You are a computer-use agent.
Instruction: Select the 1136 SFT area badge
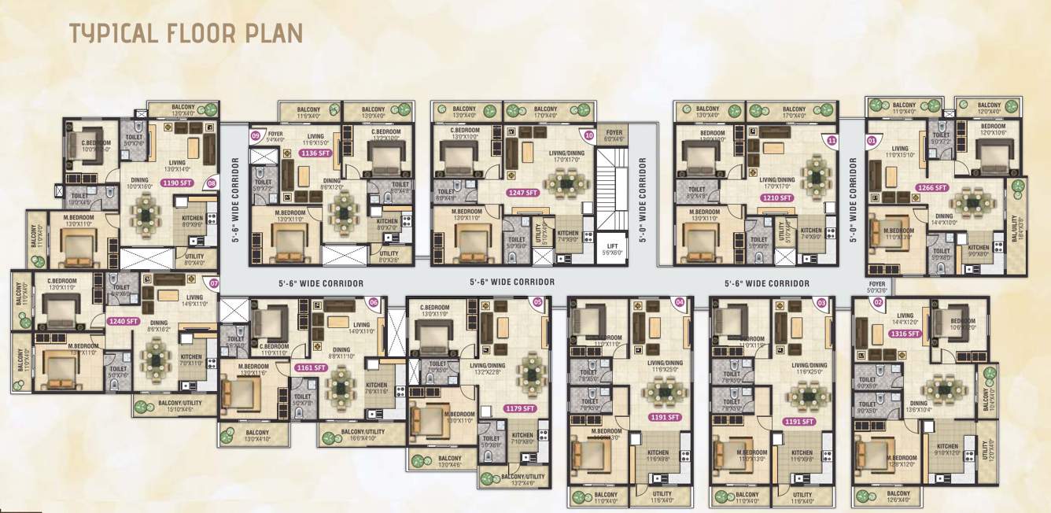click(315, 154)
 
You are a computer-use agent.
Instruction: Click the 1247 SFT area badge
click(522, 192)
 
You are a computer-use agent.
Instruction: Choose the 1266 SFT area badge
click(932, 188)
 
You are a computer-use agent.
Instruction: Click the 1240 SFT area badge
click(124, 321)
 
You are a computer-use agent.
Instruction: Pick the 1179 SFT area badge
click(520, 408)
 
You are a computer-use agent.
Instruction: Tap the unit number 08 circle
click(211, 183)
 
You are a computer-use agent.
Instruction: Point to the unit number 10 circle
click(588, 135)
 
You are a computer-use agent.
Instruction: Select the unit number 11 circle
click(833, 140)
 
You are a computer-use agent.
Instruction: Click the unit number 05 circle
click(538, 301)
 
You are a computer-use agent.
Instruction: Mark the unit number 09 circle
click(255, 135)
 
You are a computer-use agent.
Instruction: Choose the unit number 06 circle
click(373, 301)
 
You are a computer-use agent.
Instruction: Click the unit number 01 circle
click(871, 141)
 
